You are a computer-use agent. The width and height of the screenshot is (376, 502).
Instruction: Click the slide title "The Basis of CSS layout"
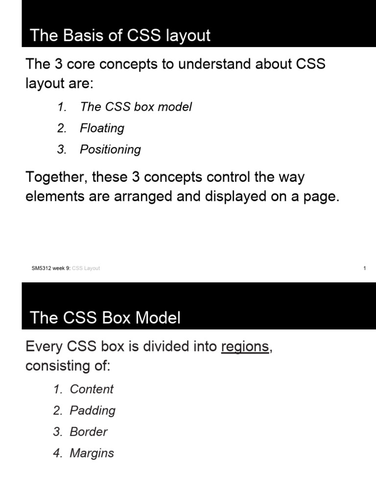120,35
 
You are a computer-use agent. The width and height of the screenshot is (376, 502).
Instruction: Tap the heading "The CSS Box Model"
105,318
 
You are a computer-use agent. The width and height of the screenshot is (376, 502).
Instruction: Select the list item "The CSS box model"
136,107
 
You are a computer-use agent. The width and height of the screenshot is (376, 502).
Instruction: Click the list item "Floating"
102,128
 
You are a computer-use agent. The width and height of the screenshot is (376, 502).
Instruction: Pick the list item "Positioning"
110,150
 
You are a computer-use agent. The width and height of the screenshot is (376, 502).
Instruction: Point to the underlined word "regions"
245,347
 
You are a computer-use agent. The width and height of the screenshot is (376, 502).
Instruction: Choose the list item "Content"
92,389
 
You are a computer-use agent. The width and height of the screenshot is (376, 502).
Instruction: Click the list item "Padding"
93,410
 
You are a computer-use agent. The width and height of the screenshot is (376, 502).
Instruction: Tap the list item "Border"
88,432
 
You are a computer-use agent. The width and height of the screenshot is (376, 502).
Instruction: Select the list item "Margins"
92,453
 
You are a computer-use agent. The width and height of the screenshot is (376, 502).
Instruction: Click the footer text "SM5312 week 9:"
51,268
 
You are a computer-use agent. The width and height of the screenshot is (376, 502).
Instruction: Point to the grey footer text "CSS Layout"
86,268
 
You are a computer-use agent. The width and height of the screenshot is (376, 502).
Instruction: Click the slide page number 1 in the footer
365,268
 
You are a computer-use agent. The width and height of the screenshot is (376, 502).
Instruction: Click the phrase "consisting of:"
68,366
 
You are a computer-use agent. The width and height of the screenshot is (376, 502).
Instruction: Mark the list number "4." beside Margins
58,453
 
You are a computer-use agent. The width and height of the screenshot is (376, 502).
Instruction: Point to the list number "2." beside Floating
62,128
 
